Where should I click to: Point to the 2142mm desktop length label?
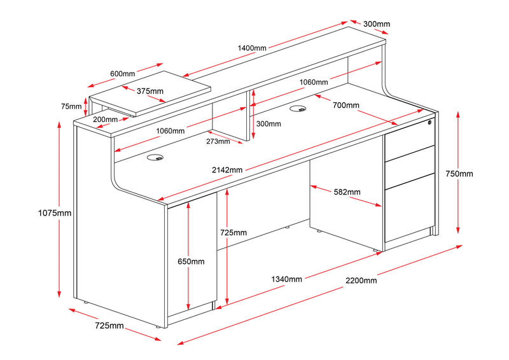(x=228, y=170)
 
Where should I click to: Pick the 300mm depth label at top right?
(x=376, y=24)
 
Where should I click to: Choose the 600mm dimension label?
(x=122, y=74)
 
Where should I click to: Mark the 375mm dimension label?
(x=150, y=91)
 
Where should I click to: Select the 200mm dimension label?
(x=105, y=120)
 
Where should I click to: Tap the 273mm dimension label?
(x=218, y=141)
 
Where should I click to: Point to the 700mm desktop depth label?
(x=346, y=105)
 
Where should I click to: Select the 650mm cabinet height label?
(x=191, y=261)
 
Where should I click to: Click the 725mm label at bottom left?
(x=109, y=326)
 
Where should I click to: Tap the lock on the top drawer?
(x=429, y=123)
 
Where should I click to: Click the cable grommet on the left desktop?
(x=155, y=157)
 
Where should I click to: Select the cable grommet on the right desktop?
(x=296, y=108)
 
